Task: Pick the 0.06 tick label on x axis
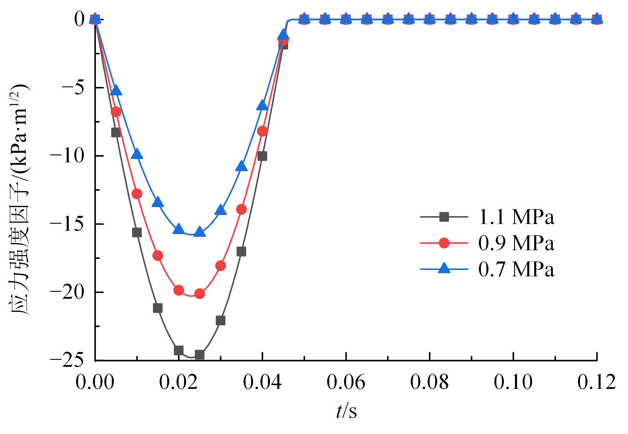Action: (346, 382)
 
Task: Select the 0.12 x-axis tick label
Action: (597, 382)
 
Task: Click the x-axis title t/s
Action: (346, 411)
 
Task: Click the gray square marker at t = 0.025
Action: (200, 355)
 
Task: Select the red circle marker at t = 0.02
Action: (179, 290)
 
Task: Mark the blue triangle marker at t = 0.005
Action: (116, 90)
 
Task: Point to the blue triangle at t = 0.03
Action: (220, 210)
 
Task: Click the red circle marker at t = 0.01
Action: (137, 194)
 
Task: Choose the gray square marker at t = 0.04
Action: (262, 156)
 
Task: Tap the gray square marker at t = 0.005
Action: (116, 133)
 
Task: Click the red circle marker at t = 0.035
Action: (241, 209)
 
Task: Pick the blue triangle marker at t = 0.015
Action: (158, 202)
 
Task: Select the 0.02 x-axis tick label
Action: (179, 382)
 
